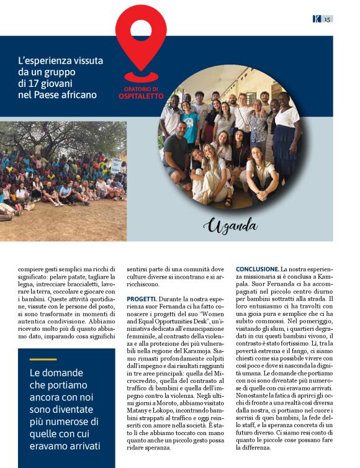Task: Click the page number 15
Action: (x=327, y=19)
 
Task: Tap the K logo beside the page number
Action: (x=317, y=19)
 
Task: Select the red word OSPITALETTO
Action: (x=141, y=96)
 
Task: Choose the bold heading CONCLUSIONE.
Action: (x=257, y=268)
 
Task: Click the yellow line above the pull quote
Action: (x=43, y=359)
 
